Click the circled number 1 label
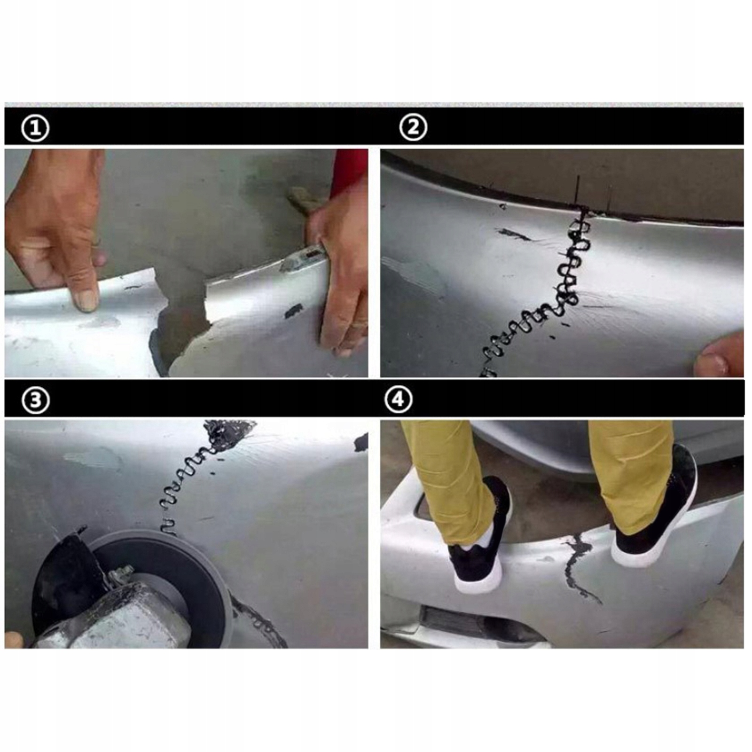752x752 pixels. coord(35,128)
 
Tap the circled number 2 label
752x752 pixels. coord(413,127)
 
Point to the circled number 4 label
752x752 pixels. coord(398,400)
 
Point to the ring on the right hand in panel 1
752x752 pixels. coord(360,324)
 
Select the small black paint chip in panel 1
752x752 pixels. coord(294,310)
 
